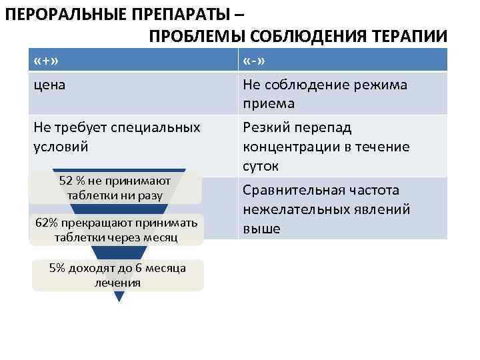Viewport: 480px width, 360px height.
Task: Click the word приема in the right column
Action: pos(269,104)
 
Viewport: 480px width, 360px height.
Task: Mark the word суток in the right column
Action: pos(261,165)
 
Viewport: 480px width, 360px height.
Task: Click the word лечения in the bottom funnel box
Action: pos(117,282)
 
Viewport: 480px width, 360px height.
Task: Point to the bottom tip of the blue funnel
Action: pos(119,301)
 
